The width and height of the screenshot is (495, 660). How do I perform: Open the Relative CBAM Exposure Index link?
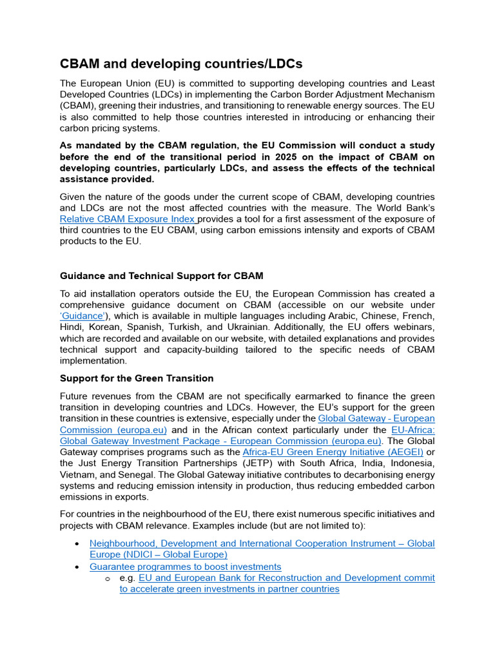128,219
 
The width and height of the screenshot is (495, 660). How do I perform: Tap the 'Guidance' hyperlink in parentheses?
83,316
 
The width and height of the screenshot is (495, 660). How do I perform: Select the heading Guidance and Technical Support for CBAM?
161,276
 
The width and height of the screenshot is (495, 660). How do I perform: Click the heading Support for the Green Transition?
137,378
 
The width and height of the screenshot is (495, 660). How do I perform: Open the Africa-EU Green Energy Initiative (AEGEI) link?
333,452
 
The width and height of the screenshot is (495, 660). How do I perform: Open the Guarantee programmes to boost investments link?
186,567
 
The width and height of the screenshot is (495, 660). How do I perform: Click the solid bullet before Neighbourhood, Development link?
78,544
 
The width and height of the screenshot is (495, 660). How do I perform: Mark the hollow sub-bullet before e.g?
108,578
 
